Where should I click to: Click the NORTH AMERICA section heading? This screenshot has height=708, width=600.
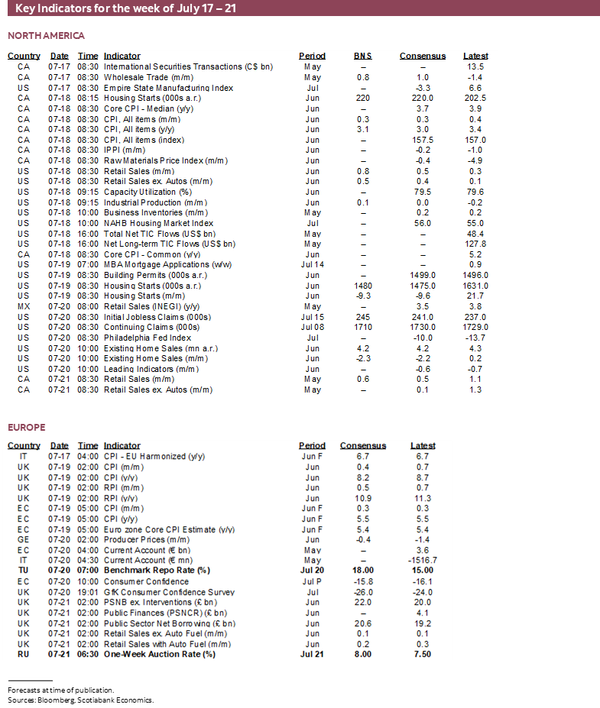[x=46, y=35]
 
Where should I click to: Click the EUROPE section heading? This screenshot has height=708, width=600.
[x=27, y=427]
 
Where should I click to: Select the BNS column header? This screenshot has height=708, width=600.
[x=363, y=56]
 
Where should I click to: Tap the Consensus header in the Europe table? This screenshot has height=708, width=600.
[x=363, y=445]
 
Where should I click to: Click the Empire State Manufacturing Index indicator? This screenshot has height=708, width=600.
[x=168, y=88]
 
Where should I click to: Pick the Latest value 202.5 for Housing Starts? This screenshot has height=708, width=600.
[x=475, y=98]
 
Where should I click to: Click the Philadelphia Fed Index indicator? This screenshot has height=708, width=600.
[x=148, y=337]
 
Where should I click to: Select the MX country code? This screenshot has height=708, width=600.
[x=24, y=306]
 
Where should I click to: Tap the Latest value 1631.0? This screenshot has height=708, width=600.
[x=475, y=285]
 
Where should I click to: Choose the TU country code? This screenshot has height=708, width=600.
[x=24, y=571]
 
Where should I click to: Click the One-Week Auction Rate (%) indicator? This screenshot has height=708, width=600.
[x=160, y=654]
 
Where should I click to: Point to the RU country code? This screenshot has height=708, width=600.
[x=24, y=654]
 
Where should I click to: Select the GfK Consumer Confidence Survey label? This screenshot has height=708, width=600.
[x=169, y=592]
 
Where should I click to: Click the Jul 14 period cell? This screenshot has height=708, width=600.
[x=312, y=264]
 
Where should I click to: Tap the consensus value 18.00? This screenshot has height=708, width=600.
[x=363, y=571]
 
